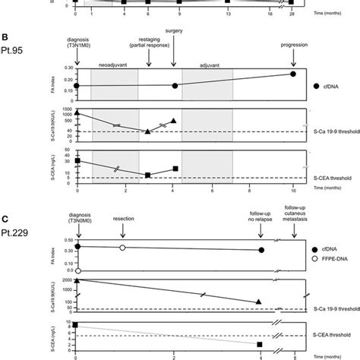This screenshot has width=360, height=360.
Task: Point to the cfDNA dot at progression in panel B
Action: click(x=293, y=74)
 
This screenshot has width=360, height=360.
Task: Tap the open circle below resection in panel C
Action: click(x=122, y=248)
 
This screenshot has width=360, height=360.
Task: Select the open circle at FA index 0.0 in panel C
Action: click(x=77, y=270)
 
